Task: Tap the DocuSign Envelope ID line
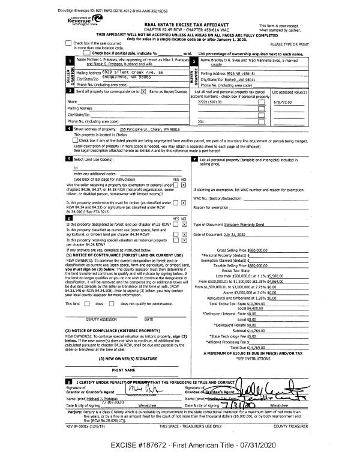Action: coord(46,10)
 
